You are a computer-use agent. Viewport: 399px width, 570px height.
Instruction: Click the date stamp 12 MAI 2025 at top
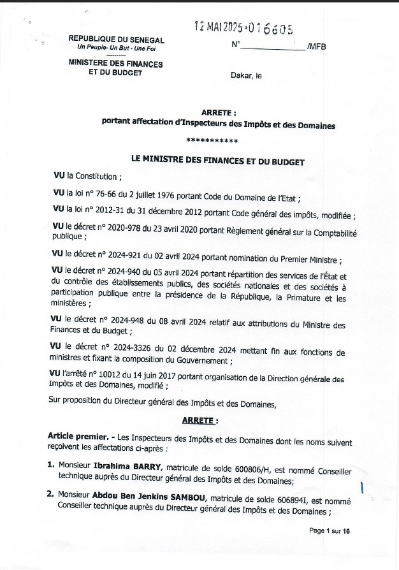(x=222, y=26)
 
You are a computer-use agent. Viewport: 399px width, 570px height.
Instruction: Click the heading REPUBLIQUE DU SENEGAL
(x=116, y=40)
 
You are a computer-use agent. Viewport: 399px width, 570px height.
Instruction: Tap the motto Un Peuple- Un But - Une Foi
(x=116, y=48)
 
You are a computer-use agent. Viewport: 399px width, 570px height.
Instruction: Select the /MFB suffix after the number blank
(x=316, y=47)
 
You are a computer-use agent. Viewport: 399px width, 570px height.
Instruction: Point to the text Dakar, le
(x=246, y=76)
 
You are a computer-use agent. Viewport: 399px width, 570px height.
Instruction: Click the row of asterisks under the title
(x=212, y=141)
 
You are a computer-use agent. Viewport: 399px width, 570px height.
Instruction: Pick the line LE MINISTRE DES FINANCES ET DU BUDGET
(x=217, y=162)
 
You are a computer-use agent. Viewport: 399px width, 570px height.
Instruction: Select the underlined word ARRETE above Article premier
(x=199, y=421)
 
